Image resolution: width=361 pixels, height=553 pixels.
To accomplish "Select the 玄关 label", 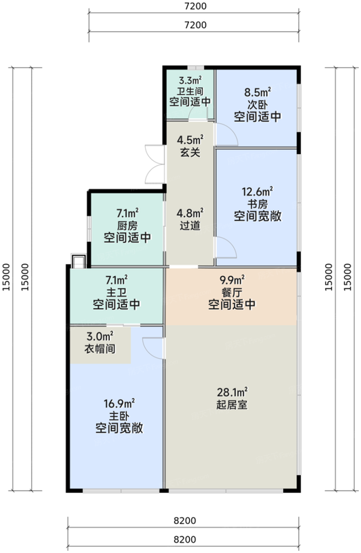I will coord(188,152).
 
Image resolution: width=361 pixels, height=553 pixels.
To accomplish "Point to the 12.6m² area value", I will coord(257,191).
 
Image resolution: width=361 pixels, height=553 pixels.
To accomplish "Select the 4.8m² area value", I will coord(188,212).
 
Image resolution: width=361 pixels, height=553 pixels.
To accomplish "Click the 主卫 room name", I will coord(116,291).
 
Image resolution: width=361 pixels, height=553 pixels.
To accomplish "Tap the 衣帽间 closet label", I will coord(99,349).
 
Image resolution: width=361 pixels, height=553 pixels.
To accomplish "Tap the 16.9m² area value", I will coord(119,402).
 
